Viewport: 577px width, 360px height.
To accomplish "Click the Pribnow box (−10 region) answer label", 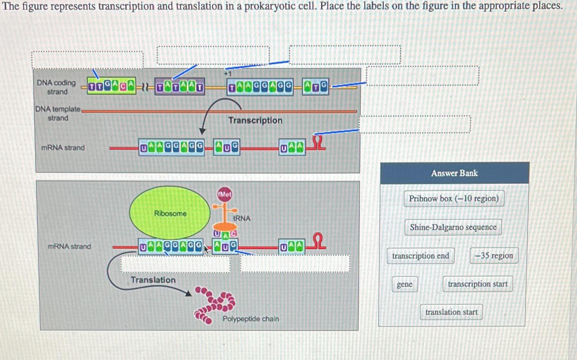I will (x=454, y=198).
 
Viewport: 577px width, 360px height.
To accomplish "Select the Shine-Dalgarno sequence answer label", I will (x=453, y=227).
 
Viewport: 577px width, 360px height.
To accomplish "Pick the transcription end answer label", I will (x=420, y=256).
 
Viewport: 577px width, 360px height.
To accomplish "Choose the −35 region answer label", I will (x=494, y=256).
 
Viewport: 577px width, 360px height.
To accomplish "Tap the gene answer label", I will (x=404, y=284).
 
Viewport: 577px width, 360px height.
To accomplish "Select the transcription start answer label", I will (x=477, y=284).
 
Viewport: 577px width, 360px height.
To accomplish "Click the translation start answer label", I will (x=451, y=312).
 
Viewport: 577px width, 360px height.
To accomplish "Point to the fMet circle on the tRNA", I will (x=224, y=194).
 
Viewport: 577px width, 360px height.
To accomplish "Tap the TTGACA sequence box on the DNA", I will (x=112, y=86).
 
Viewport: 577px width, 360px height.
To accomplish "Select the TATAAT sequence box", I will (x=180, y=87).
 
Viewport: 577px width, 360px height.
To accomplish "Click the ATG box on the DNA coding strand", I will (x=315, y=86).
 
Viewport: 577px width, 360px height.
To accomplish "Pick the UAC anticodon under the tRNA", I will (x=225, y=234).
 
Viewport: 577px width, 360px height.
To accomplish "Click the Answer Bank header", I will (x=455, y=173).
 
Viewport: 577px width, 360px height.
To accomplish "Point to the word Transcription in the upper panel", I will (x=255, y=120).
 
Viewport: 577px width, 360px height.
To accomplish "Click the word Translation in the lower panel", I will (x=153, y=280).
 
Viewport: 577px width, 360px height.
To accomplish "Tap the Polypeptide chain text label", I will (x=251, y=319).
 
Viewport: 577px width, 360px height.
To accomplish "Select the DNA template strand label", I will (x=58, y=113).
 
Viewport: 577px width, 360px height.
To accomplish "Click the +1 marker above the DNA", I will (x=228, y=74).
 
